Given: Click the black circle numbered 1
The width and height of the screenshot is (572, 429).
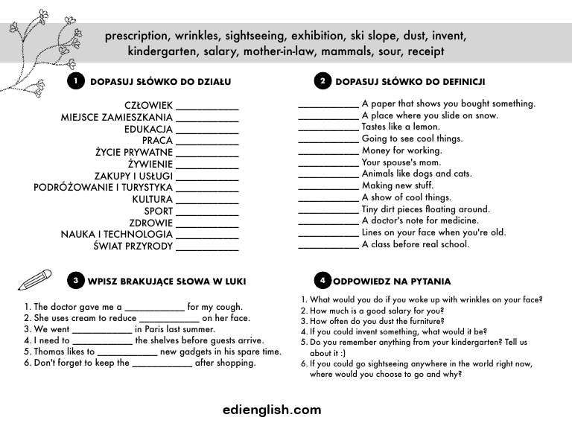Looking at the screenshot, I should (74, 81).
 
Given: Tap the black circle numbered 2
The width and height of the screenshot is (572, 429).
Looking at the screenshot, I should (322, 81).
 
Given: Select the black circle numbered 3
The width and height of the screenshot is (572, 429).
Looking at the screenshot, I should (75, 281).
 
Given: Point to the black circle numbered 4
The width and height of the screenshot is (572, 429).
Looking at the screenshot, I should (322, 281).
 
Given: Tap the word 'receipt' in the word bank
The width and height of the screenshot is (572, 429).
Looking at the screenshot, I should (422, 51).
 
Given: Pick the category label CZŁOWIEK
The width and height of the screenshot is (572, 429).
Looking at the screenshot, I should (148, 105).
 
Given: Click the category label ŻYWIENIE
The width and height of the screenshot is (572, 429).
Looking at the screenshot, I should (150, 164).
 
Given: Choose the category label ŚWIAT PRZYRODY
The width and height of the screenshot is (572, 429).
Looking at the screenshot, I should (133, 246).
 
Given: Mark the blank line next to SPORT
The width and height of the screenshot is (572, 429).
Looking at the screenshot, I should (207, 212).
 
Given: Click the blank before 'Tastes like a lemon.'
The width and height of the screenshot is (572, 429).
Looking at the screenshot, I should (328, 127).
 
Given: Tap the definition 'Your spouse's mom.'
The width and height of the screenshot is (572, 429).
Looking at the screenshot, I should (401, 162).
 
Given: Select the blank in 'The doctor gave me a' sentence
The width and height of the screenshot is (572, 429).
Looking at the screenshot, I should (154, 307).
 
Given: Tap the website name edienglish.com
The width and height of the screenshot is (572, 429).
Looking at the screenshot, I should (272, 410).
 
